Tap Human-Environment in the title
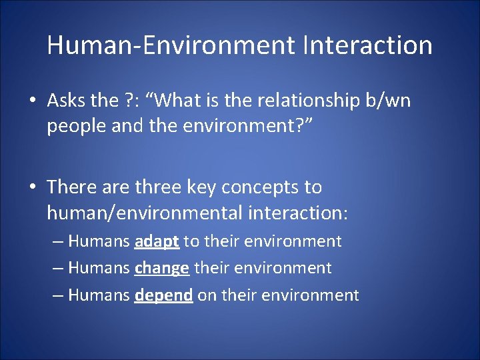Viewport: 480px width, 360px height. (x=170, y=45)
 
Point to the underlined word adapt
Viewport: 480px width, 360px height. (x=156, y=241)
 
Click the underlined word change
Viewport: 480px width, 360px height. (x=162, y=268)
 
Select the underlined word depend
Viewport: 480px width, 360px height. (x=163, y=295)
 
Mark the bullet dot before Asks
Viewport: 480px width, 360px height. (x=33, y=101)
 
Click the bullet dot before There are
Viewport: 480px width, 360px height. (x=33, y=188)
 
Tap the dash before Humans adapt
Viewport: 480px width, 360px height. (x=58, y=241)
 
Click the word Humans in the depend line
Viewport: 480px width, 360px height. (x=99, y=295)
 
